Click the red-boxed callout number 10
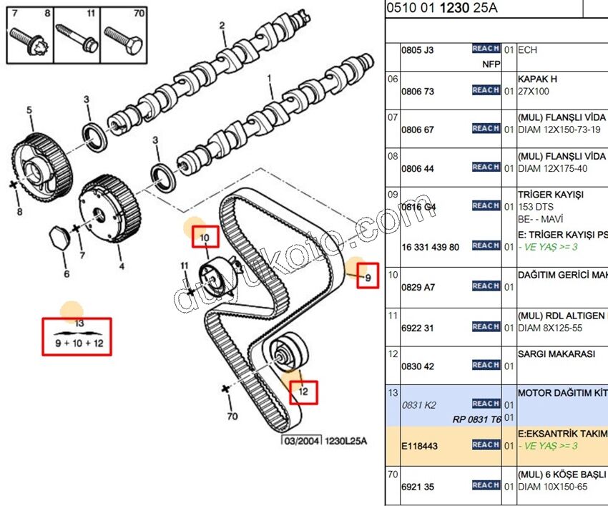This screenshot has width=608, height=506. coord(205,237)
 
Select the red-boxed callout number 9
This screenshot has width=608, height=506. coord(368,277)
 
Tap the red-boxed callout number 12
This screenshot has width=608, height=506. coord(303,391)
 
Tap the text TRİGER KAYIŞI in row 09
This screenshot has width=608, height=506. coord(550,195)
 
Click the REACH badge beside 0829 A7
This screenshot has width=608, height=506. coord(486,286)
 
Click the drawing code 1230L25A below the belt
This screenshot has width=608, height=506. coord(347,442)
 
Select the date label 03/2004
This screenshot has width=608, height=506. coord(300,442)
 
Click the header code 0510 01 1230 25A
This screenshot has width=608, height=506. coord(441,9)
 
